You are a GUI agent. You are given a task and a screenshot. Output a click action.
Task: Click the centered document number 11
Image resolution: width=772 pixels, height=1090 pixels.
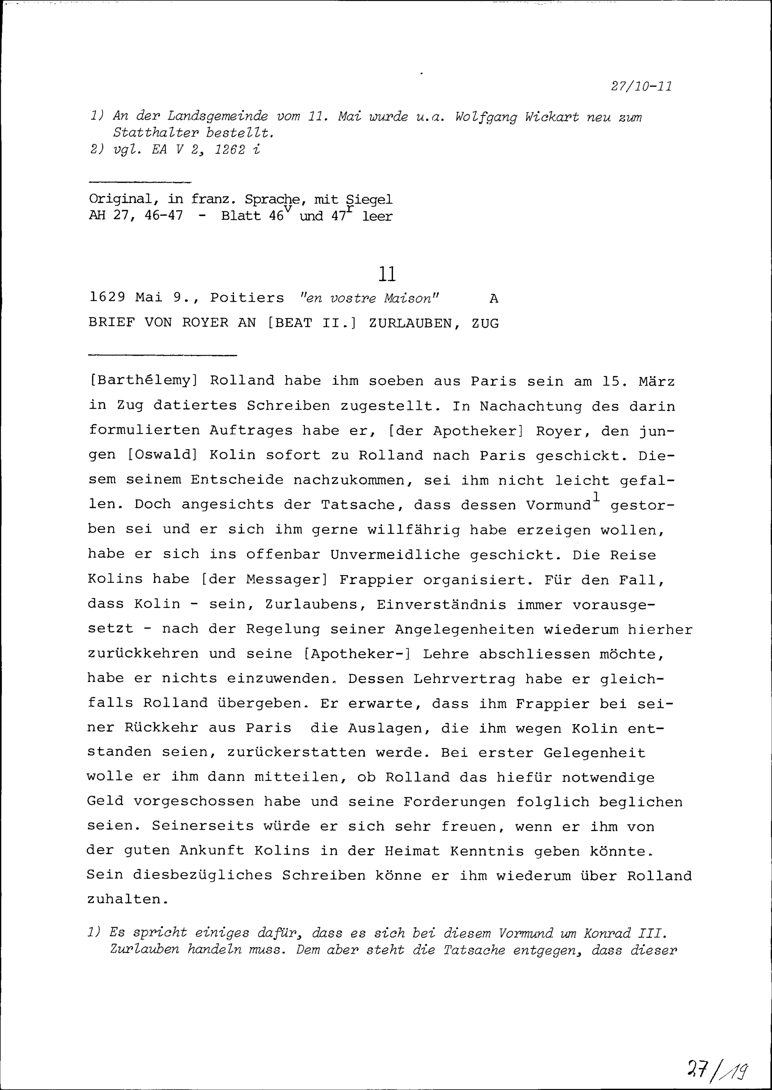(x=388, y=274)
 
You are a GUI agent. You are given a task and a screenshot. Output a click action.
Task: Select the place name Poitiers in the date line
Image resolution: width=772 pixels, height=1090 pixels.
(x=247, y=298)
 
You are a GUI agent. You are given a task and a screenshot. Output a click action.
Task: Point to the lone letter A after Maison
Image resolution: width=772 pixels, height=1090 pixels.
(x=494, y=299)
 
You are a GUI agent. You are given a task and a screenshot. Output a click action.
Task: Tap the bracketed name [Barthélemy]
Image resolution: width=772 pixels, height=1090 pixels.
(x=142, y=381)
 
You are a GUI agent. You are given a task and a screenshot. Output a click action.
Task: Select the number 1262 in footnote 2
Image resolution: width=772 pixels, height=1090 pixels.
(x=230, y=150)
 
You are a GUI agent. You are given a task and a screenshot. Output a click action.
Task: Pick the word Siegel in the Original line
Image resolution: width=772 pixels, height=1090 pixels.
(x=369, y=199)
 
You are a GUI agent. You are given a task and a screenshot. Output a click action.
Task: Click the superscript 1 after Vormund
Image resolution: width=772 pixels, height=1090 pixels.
(x=596, y=496)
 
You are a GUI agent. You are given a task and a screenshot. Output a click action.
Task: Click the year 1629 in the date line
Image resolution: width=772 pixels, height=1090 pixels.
(x=107, y=298)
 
